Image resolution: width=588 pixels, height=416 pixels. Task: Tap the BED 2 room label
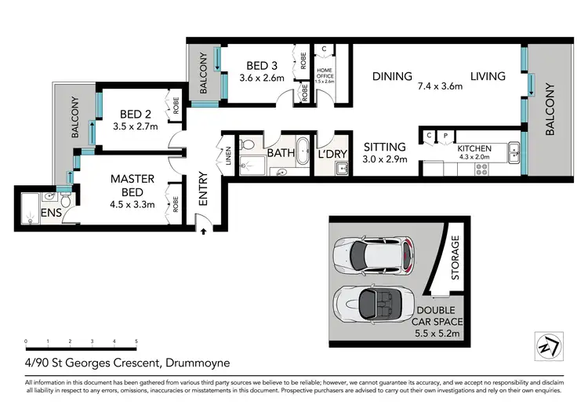(126, 112)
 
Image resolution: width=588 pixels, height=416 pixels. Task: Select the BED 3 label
(254, 66)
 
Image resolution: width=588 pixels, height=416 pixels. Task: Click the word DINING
(392, 76)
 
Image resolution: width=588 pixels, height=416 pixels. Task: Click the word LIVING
(488, 76)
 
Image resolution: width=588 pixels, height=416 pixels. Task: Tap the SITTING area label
(384, 147)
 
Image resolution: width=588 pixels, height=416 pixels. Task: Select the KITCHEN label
(474, 148)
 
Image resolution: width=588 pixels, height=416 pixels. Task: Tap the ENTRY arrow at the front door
(204, 231)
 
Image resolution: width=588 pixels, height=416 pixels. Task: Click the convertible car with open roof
(372, 302)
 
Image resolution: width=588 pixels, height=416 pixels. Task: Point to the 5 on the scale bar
(136, 341)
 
